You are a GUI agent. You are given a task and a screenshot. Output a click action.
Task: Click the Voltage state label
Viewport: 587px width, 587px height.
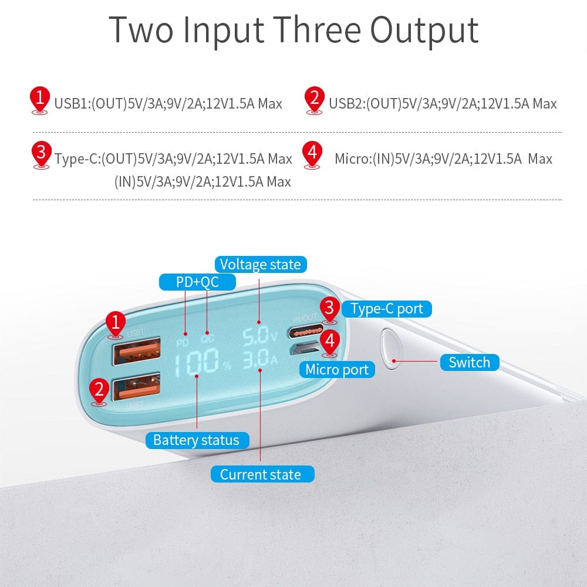(260, 264)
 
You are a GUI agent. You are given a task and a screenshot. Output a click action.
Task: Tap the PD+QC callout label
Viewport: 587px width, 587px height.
(197, 282)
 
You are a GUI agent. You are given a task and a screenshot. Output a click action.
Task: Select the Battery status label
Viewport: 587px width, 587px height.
(196, 440)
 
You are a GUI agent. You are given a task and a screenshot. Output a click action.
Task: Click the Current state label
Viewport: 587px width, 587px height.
(260, 474)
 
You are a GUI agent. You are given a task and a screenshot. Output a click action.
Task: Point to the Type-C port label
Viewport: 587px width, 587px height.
(386, 309)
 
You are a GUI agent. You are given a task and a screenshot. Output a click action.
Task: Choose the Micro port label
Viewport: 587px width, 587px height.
(337, 369)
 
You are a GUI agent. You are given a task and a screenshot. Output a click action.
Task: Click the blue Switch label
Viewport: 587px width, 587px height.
(469, 362)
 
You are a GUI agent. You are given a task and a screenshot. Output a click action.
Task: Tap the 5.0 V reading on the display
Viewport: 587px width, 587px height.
(259, 336)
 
